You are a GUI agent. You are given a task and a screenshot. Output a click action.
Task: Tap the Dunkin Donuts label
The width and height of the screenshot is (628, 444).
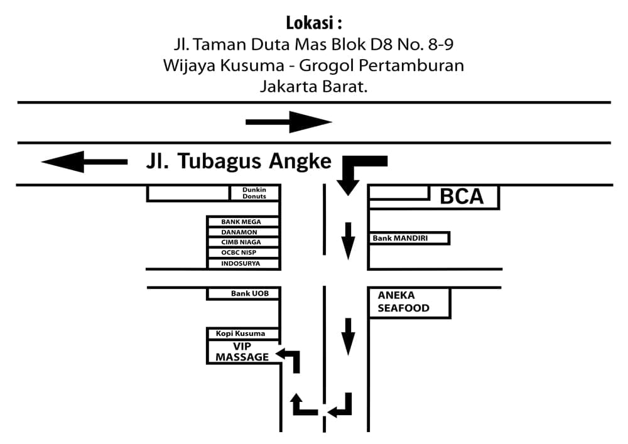click(x=254, y=193)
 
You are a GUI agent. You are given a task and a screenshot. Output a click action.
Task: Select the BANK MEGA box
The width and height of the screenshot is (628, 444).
click(x=241, y=222)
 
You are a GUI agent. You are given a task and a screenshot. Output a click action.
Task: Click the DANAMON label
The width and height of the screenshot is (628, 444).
click(x=241, y=232)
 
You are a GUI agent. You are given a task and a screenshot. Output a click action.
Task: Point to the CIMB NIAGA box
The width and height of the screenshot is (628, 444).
click(x=241, y=242)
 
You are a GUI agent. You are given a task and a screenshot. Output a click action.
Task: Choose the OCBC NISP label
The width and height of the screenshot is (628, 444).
click(x=241, y=252)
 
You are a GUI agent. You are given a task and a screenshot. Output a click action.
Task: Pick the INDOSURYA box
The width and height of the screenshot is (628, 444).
click(x=241, y=264)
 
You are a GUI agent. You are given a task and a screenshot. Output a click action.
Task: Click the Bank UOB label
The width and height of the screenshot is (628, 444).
click(x=246, y=293)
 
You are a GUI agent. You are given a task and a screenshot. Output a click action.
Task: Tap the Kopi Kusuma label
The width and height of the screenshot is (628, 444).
click(x=241, y=333)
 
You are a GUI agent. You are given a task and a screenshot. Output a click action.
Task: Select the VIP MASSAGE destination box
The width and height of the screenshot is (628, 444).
click(x=242, y=352)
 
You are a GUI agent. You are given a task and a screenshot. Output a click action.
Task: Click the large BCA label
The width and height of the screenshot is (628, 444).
click(x=462, y=197)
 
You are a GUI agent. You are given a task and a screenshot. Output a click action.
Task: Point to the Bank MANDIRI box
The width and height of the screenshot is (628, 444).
click(x=409, y=239)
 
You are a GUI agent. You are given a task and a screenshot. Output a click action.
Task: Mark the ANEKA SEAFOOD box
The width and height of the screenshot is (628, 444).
click(x=408, y=302)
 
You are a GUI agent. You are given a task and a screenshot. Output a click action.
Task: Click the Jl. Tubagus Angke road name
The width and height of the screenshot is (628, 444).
click(x=239, y=161)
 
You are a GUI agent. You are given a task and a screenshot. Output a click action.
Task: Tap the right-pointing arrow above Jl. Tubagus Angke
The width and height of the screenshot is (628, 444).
click(x=289, y=122)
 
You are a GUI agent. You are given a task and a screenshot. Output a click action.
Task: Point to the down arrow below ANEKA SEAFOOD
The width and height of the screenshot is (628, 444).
click(x=347, y=337)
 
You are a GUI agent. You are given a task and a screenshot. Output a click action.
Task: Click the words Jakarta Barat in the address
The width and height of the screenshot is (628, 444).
click(x=313, y=87)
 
